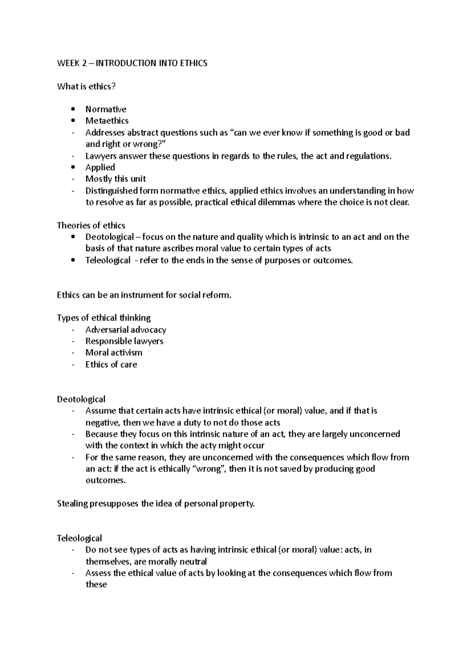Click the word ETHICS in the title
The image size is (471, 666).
click(x=194, y=63)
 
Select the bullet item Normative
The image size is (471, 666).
click(x=106, y=109)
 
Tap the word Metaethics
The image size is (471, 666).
click(x=107, y=121)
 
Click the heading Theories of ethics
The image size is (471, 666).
click(x=91, y=226)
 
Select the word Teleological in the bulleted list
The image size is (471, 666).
click(x=108, y=260)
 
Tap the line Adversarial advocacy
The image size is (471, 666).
click(x=126, y=330)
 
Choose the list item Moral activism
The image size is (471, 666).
click(x=114, y=353)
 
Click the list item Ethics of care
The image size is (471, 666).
click(x=111, y=365)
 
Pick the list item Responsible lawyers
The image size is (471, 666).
click(x=124, y=341)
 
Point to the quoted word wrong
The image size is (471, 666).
click(x=209, y=469)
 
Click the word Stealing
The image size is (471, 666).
click(x=72, y=504)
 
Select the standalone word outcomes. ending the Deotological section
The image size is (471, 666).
click(x=106, y=481)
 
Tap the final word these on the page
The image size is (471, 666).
click(x=96, y=585)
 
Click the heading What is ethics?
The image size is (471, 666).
click(x=86, y=87)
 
